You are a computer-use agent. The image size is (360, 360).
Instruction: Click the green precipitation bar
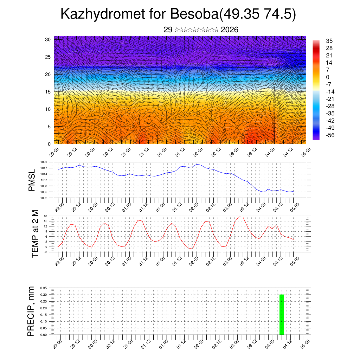point(282,315)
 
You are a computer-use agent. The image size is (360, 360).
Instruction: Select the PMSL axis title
point(32,180)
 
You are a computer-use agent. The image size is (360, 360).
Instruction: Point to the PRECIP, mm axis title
point(31,311)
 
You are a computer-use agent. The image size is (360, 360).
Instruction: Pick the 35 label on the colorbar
point(329,41)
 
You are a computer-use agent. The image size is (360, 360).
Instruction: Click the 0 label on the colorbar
point(328,77)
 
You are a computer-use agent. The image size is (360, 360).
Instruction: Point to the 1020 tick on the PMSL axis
point(44,162)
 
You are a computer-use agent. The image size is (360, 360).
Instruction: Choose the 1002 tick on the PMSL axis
point(44,198)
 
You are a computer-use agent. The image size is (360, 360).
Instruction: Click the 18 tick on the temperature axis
point(45,216)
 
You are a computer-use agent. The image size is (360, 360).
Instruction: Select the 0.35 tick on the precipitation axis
point(44,288)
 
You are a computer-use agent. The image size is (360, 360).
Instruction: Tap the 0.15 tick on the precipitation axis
point(44,315)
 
